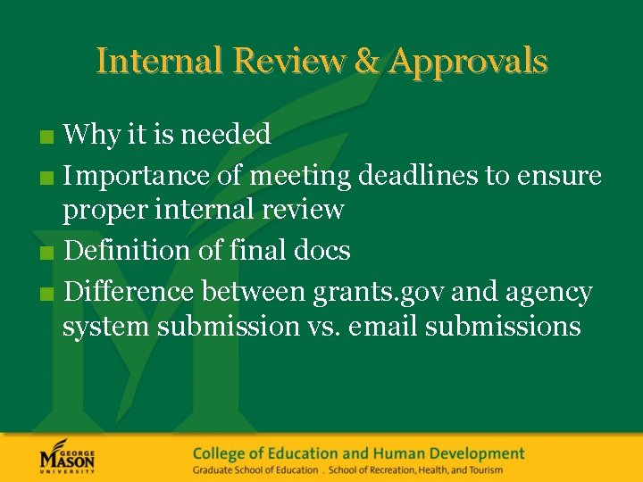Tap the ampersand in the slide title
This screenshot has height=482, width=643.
tap(366, 61)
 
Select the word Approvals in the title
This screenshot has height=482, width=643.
tap(469, 62)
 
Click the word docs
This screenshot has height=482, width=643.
tap(322, 251)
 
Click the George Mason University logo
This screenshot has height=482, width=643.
tap(67, 458)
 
